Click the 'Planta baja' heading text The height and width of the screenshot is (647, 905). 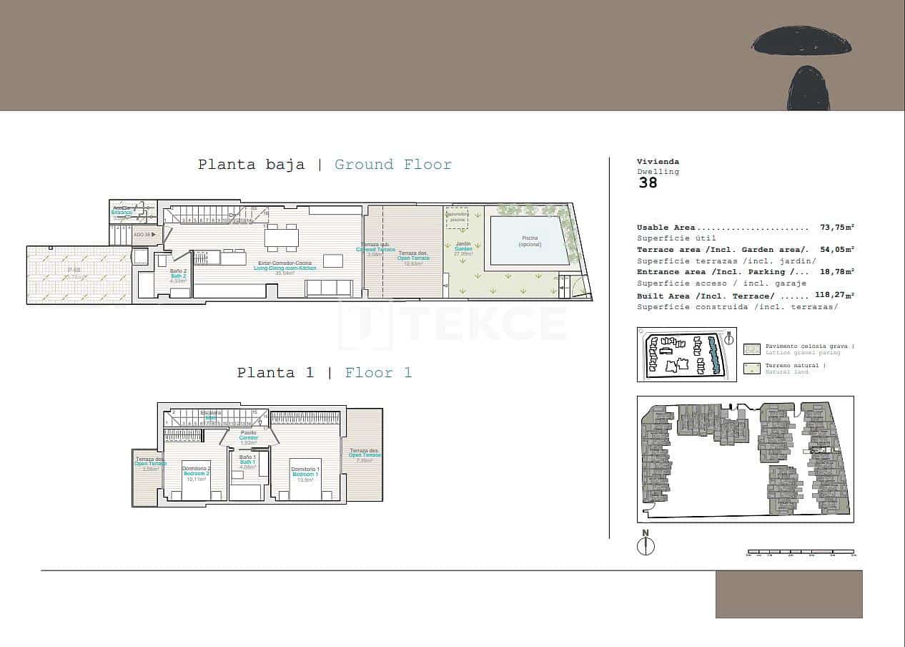[251, 165]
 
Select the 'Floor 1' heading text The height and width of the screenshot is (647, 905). [378, 373]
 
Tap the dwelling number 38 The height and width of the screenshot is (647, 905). [648, 183]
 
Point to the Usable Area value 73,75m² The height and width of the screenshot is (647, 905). [837, 228]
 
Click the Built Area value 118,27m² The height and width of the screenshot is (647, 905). [834, 295]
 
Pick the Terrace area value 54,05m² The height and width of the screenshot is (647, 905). [837, 250]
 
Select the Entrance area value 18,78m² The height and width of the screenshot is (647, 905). [837, 272]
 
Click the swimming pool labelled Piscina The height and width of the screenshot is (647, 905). [530, 240]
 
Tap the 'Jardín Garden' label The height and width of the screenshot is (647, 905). [463, 248]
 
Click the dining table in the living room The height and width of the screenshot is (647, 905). [281, 237]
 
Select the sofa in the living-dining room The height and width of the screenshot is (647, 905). [329, 288]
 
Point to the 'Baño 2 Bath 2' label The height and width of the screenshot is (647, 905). [178, 276]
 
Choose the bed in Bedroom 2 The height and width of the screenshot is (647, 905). [196, 480]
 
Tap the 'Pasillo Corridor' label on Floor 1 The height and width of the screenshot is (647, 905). [248, 437]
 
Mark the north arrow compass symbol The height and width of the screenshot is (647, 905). [646, 545]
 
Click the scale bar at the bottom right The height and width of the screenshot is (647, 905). [800, 553]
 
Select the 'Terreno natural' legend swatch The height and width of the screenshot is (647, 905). [751, 369]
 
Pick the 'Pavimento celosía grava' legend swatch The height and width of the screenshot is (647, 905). [751, 349]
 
